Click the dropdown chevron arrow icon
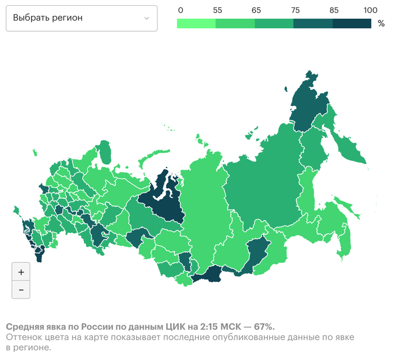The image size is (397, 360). (147, 18)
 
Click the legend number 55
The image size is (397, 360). (217, 10)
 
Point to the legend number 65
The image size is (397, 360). (256, 10)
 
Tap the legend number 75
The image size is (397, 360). (294, 10)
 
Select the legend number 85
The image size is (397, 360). (333, 10)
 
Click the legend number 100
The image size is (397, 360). (370, 10)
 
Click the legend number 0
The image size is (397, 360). (180, 10)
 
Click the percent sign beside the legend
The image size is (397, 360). (381, 23)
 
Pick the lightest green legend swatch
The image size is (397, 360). (196, 23)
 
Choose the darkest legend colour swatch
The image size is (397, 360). (352, 23)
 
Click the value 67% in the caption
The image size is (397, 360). (264, 327)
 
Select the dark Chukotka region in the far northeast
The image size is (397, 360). (309, 102)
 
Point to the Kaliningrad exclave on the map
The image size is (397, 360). (35, 152)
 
